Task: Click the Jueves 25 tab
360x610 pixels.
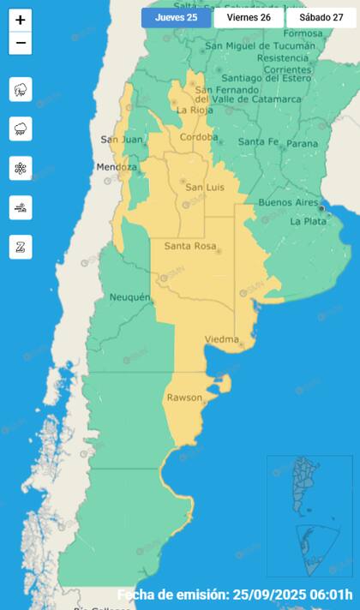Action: point(176,17)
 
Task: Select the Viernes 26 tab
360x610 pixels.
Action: point(249,17)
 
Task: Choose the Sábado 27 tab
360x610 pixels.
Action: point(321,17)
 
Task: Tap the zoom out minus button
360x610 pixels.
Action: point(21,44)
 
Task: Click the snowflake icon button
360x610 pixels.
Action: point(21,168)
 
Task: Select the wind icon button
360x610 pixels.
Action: point(21,207)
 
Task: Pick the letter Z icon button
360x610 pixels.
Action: point(21,247)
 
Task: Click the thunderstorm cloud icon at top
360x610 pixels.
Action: point(21,89)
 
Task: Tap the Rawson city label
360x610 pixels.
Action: point(184,398)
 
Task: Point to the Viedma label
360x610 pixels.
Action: point(221,339)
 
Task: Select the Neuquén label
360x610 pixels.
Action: point(130,296)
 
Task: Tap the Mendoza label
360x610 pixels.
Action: point(117,166)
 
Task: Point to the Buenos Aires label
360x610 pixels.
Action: point(287,203)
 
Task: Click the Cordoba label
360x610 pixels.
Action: point(199,136)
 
